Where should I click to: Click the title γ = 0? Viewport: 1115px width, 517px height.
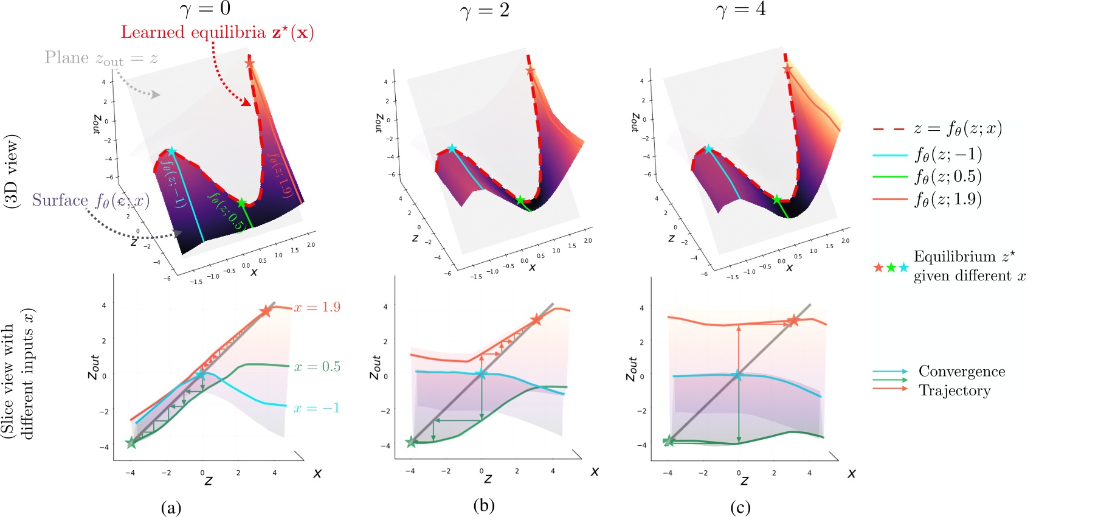[x=205, y=10]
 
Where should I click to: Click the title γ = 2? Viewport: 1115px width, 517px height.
[x=485, y=10]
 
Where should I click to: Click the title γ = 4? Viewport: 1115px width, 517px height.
[x=740, y=10]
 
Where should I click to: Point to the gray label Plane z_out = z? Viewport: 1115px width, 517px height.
[x=101, y=58]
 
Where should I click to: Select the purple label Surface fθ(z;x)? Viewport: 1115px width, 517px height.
[x=91, y=201]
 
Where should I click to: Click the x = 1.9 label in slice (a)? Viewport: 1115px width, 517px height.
[x=317, y=307]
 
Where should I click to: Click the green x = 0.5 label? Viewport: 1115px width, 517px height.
[x=317, y=367]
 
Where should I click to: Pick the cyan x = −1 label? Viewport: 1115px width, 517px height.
[x=317, y=408]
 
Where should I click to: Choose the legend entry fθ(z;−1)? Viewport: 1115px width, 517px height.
[x=948, y=154]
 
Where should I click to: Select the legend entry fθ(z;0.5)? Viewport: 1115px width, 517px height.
[x=948, y=177]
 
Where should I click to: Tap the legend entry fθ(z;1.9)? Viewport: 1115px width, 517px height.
[x=948, y=200]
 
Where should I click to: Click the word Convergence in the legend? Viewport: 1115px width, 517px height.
[x=961, y=372]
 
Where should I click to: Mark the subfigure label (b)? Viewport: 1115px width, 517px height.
[x=483, y=505]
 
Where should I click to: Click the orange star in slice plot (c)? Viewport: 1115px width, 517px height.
[x=793, y=321]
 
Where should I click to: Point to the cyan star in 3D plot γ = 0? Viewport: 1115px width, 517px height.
[x=171, y=151]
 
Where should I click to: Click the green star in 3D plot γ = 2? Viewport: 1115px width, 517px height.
[x=520, y=200]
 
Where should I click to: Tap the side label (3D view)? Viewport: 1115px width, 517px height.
[x=12, y=172]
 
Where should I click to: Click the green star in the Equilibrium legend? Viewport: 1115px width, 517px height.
[x=891, y=268]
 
